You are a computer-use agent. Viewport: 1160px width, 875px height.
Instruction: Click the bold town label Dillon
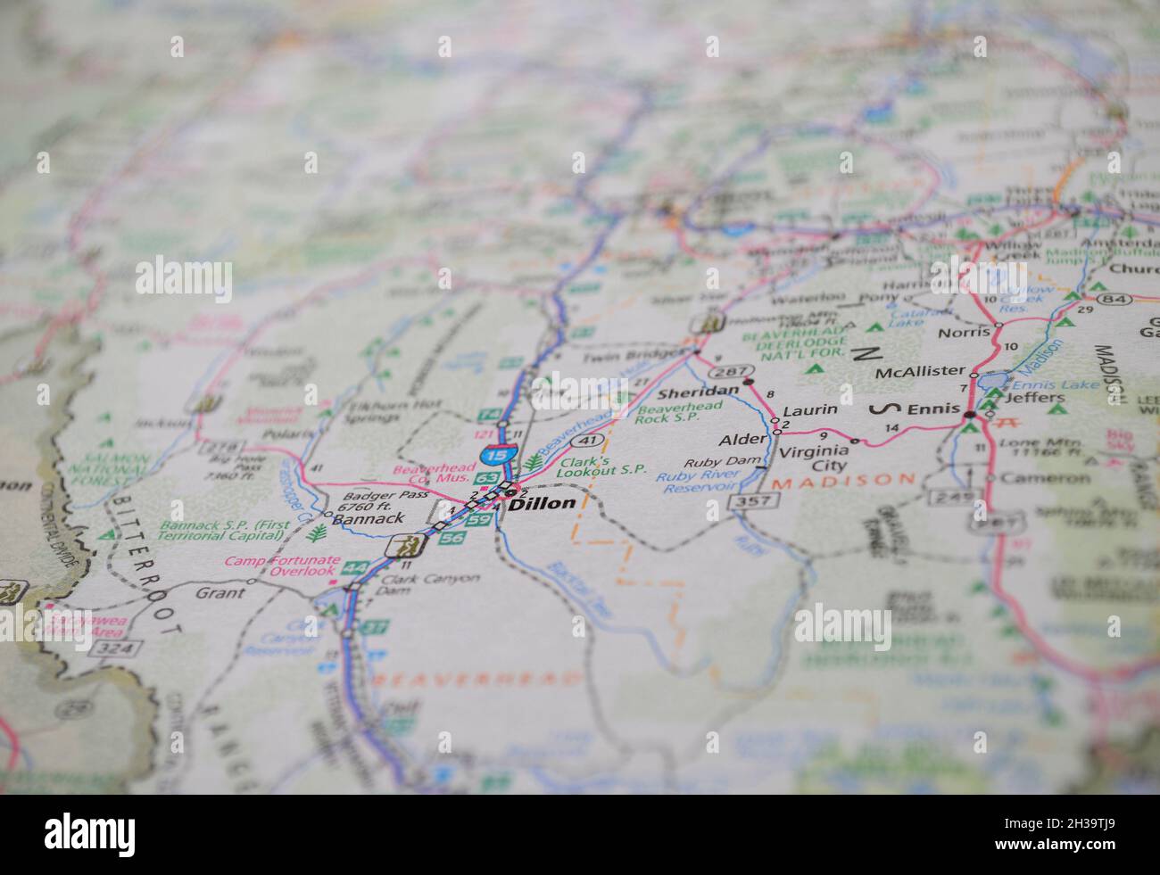(x=543, y=503)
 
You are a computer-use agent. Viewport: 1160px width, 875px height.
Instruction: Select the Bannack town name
(x=368, y=518)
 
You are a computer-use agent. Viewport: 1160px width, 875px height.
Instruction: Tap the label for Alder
(x=742, y=440)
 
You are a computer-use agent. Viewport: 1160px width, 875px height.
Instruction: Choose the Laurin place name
(x=810, y=410)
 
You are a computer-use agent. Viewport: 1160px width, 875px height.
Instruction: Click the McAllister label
(x=920, y=371)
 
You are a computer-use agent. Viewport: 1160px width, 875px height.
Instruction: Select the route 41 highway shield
(x=585, y=441)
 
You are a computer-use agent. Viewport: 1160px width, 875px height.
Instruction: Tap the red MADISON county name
(x=843, y=480)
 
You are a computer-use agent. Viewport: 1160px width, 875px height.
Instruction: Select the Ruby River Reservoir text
(x=697, y=481)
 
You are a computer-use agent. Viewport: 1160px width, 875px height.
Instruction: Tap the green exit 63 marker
(x=486, y=478)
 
